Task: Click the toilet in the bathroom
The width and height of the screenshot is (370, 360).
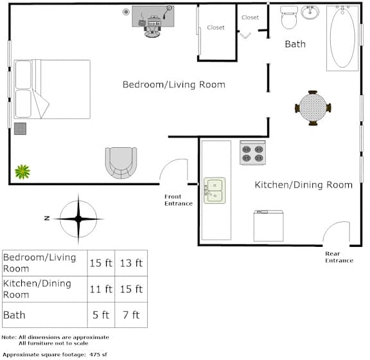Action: tap(289, 17)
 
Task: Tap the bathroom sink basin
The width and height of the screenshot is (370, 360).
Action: tap(310, 12)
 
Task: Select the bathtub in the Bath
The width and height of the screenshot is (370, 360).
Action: tap(342, 39)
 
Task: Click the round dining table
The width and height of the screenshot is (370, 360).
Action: tap(313, 108)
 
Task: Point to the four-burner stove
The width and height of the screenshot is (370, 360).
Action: tap(252, 152)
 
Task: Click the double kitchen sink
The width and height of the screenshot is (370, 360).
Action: tap(215, 190)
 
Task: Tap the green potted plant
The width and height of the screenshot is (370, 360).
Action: tap(22, 172)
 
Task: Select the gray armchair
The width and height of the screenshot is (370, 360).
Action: tap(121, 163)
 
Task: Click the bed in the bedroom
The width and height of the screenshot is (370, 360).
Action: tap(52, 89)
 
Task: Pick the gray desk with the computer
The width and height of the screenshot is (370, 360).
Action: tap(153, 16)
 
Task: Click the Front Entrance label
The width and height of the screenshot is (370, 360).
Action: tap(179, 200)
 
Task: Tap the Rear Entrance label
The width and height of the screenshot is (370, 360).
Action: tap(339, 257)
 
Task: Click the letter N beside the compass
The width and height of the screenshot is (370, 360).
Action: tap(47, 219)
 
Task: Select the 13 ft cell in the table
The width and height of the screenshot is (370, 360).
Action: tap(131, 263)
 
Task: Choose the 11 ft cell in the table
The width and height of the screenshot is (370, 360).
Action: tap(101, 289)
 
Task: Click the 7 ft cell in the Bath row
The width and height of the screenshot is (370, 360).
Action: tap(131, 315)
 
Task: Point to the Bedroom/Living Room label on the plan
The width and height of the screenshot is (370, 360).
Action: tap(174, 85)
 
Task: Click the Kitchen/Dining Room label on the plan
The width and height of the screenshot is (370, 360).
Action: tap(304, 184)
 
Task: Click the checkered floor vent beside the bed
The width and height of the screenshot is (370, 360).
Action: tap(21, 129)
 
